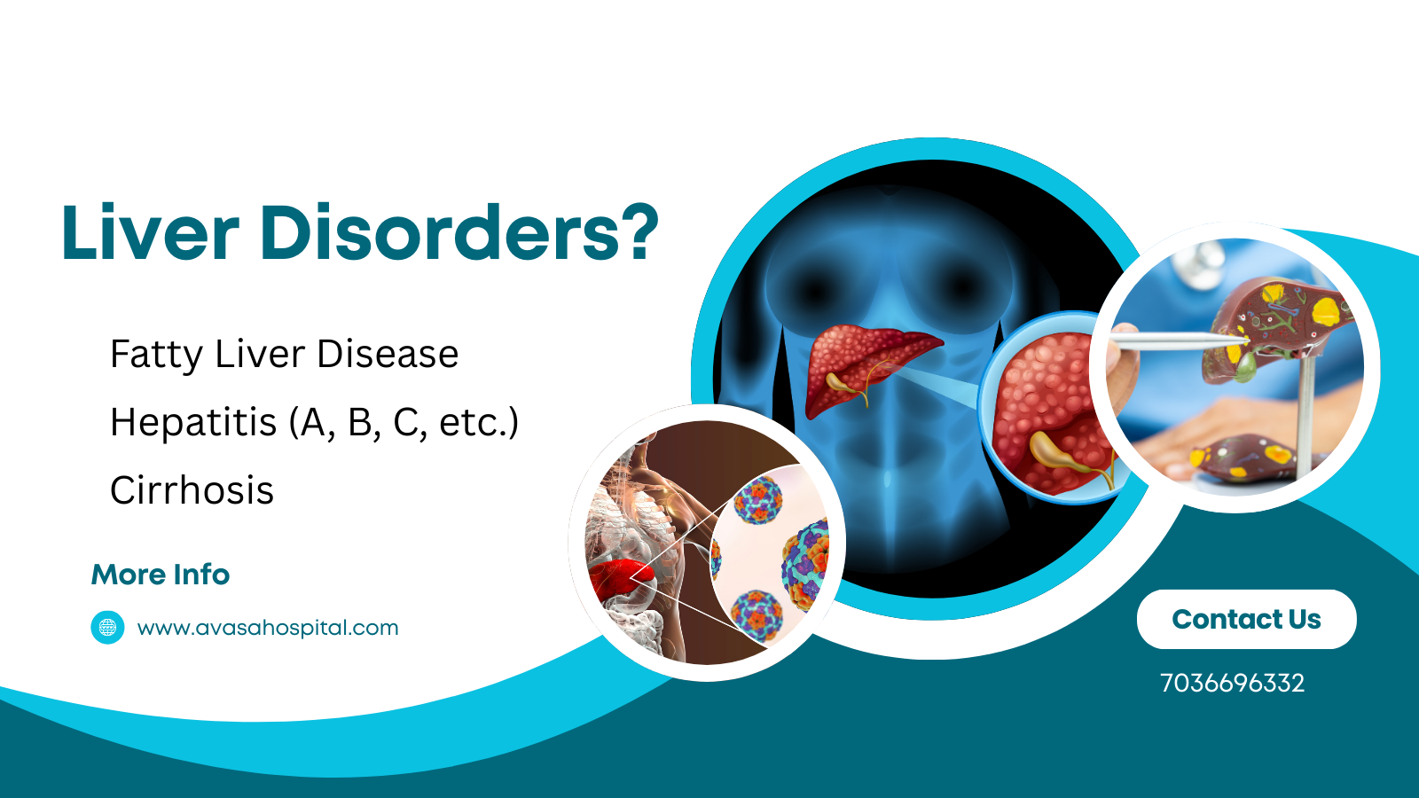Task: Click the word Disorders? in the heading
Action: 459,232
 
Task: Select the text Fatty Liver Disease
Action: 284,354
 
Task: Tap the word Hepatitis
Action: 193,422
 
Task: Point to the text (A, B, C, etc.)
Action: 404,423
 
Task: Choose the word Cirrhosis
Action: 192,490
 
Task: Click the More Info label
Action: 161,575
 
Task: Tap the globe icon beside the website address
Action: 107,628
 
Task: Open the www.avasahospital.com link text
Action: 268,628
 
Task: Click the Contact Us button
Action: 1246,619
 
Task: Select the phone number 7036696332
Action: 1232,683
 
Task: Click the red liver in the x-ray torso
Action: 865,364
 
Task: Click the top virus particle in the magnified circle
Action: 758,498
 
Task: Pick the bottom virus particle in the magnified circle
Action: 757,613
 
